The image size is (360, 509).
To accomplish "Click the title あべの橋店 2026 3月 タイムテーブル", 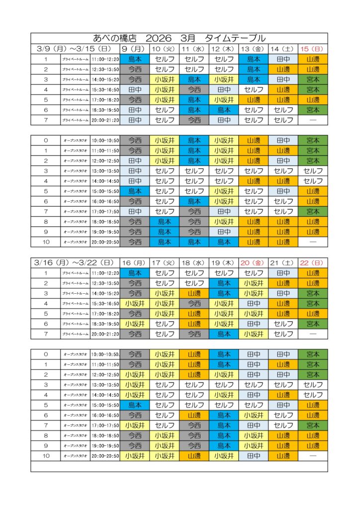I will point(179,38).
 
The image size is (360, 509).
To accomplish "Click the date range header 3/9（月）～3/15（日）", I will point(75,49).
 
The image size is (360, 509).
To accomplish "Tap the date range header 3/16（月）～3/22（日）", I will point(75,262).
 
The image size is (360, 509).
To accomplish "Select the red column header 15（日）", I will point(313,49).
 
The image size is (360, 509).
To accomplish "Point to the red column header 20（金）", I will point(253,262).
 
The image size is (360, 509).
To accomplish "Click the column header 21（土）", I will point(283,262).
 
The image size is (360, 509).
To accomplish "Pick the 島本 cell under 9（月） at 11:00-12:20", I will point(135,59).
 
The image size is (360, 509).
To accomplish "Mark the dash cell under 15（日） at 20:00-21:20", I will point(313,120).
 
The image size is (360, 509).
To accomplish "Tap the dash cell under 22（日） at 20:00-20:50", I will point(313,455).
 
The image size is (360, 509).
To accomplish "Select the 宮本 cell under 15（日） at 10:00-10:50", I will point(313,140).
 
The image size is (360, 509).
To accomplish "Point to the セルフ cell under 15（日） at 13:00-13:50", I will point(313,171).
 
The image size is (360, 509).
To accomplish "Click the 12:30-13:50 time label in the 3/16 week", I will point(105,283).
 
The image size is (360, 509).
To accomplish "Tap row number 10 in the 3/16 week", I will point(46,455).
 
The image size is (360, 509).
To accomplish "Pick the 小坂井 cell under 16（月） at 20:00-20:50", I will point(135,455).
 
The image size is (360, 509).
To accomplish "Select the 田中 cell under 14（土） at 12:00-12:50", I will point(283,161).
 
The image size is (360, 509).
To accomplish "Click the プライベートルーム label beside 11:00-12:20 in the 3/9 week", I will point(76,59).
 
